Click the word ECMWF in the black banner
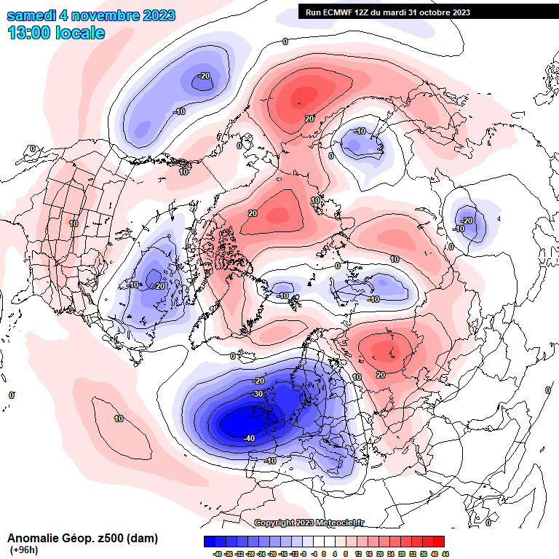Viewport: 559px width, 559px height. coord(339,12)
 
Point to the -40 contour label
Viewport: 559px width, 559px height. coord(248,437)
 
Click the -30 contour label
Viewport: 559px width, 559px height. coord(257,394)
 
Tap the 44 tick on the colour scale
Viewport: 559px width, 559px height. coord(444,553)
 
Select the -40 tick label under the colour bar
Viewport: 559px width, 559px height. coord(217,553)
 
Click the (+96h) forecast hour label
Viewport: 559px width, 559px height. coord(23,550)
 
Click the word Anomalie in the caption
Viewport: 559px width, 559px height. coord(33,539)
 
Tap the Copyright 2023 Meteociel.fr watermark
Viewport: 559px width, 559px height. coord(309,523)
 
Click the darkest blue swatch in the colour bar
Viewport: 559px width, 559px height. coord(210,541)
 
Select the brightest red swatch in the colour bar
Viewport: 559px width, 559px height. coord(439,541)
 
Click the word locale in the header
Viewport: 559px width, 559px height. coord(80,33)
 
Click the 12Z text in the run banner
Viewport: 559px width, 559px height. coord(364,12)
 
